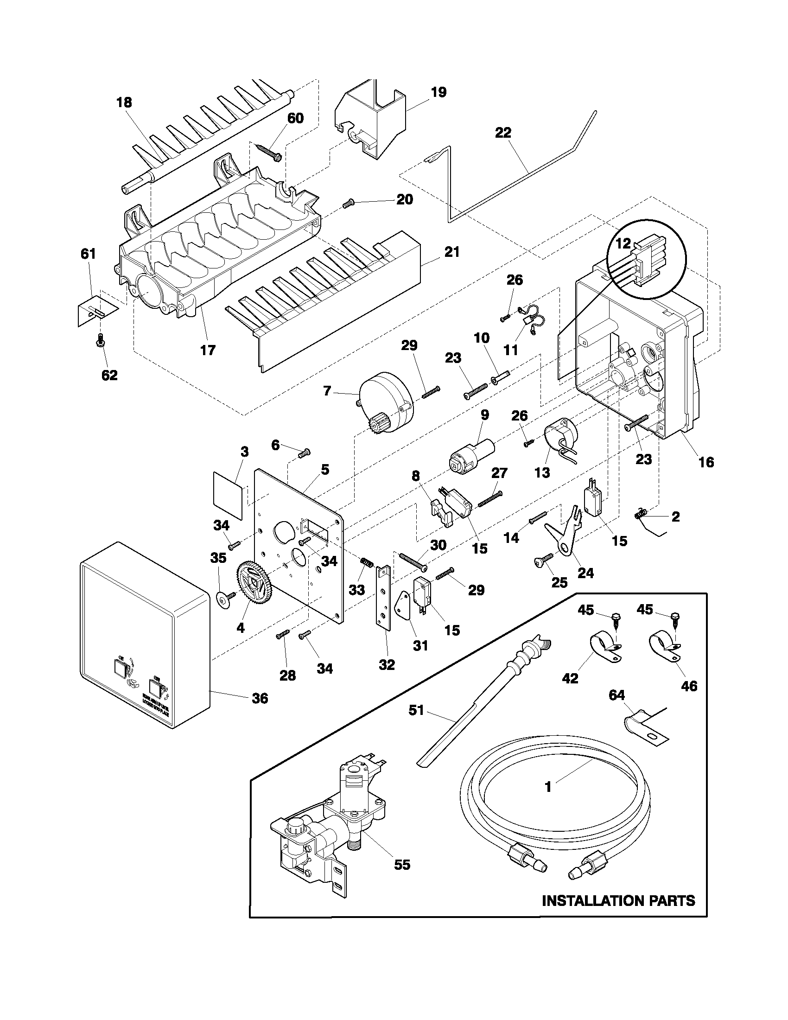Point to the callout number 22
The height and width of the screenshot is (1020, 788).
[x=503, y=133]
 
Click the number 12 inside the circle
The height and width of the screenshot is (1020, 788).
[x=623, y=243]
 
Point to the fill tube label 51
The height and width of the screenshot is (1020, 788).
[x=416, y=710]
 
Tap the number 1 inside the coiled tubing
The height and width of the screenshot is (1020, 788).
[x=548, y=787]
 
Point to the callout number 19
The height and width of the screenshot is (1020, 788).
[x=438, y=92]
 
